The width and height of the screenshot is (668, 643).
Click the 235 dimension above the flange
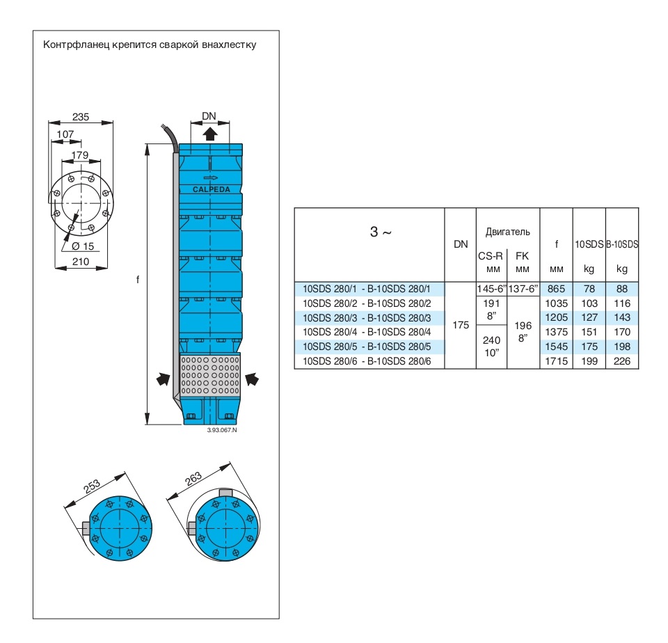pyautogui.click(x=81, y=117)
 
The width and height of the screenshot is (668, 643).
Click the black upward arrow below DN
pyautogui.click(x=210, y=134)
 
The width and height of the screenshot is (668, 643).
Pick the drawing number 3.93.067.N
pyautogui.click(x=223, y=431)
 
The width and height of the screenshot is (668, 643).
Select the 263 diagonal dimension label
pyautogui.click(x=194, y=478)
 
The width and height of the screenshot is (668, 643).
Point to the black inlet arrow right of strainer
pyautogui.click(x=253, y=379)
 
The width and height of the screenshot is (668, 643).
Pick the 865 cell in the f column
pyautogui.click(x=556, y=288)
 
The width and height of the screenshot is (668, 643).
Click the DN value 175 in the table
pyautogui.click(x=461, y=325)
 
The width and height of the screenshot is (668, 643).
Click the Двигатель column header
pyautogui.click(x=508, y=232)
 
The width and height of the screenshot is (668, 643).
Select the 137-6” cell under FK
pyautogui.click(x=523, y=288)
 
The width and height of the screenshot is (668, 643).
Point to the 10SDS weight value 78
pyautogui.click(x=589, y=288)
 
